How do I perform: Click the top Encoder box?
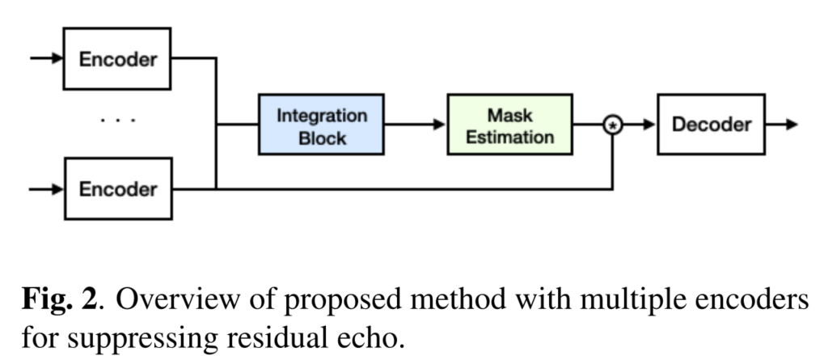click(117, 58)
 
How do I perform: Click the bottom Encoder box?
click(117, 189)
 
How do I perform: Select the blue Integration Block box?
click(322, 125)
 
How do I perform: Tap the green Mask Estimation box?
click(509, 125)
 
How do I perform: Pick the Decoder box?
click(709, 125)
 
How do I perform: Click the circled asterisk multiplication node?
click(615, 125)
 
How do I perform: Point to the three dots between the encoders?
click(118, 121)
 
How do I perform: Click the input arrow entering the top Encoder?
click(47, 58)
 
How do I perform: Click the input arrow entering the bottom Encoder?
click(47, 189)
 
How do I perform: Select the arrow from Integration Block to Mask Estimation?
click(416, 125)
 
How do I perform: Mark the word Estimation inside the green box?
click(509, 137)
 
